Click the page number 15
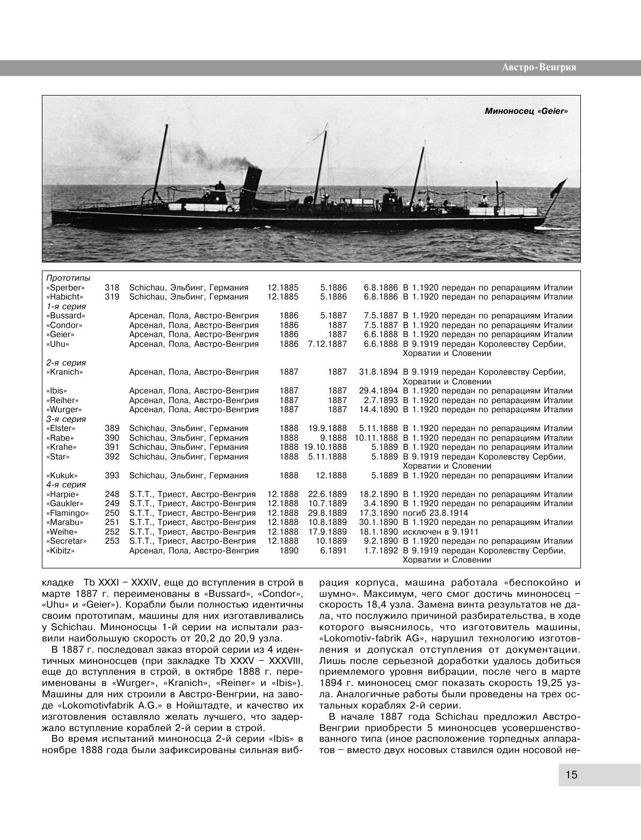coord(571,775)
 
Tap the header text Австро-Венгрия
coord(538,68)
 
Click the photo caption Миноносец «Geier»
coord(526,111)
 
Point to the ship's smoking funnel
coord(251,183)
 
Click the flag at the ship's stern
coord(560,187)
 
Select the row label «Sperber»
coord(65,288)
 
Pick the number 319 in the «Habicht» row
coord(112,297)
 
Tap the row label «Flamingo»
coord(68,513)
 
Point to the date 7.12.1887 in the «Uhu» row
coord(327,344)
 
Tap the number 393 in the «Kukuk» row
coord(112,476)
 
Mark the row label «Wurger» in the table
coord(63,410)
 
